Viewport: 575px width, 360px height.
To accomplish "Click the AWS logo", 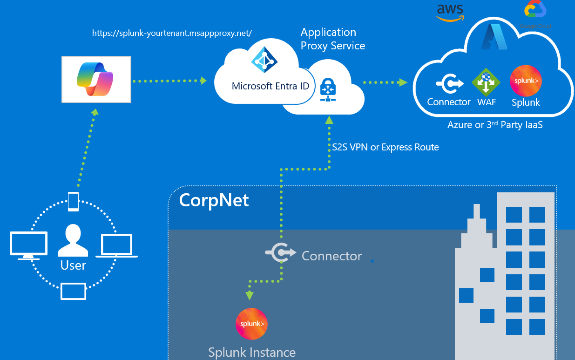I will pos(450,12).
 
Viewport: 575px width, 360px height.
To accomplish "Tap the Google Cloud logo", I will pos(535,11).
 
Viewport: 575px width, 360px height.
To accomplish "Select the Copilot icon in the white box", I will pos(95,80).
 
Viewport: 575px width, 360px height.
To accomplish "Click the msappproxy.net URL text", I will pos(172,33).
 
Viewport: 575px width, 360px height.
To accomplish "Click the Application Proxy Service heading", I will pos(332,39).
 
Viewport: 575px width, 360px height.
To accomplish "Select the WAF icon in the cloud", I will pos(486,82).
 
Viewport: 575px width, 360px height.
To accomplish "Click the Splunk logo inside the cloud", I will pos(526,81).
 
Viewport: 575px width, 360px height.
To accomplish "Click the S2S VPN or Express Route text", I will pos(386,147).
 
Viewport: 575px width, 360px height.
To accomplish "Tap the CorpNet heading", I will pos(214,200).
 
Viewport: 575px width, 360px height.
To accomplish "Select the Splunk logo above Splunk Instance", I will pos(251,324).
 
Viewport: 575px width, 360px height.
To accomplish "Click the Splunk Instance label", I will pos(252,353).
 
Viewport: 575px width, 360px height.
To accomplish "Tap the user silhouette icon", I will pos(73,240).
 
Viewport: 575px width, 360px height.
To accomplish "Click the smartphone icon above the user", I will pos(73,201).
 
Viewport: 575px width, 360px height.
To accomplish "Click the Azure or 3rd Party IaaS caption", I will pos(495,125).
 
